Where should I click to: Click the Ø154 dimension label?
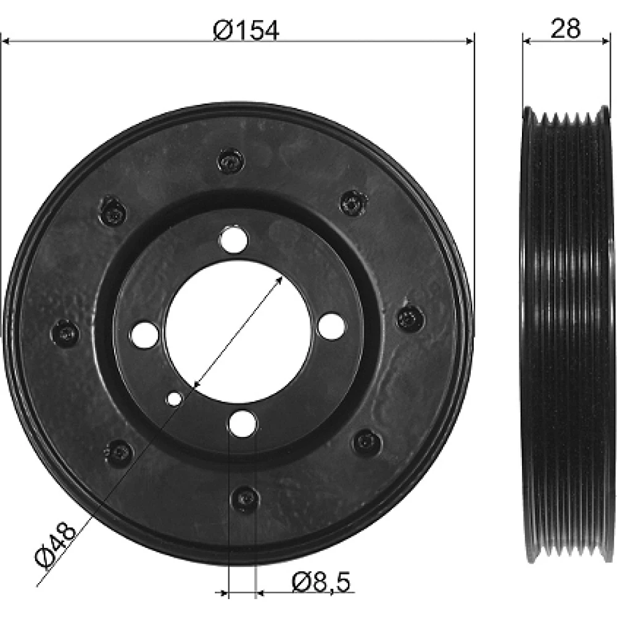pos(246,31)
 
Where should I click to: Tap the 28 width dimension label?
pos(565,28)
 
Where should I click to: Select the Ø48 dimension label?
pos(55,545)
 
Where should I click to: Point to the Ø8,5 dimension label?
pos(321,582)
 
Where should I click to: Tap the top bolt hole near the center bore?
pos(234,239)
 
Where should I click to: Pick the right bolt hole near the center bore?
pos(331,326)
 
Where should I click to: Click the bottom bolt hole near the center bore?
pos(242,423)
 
